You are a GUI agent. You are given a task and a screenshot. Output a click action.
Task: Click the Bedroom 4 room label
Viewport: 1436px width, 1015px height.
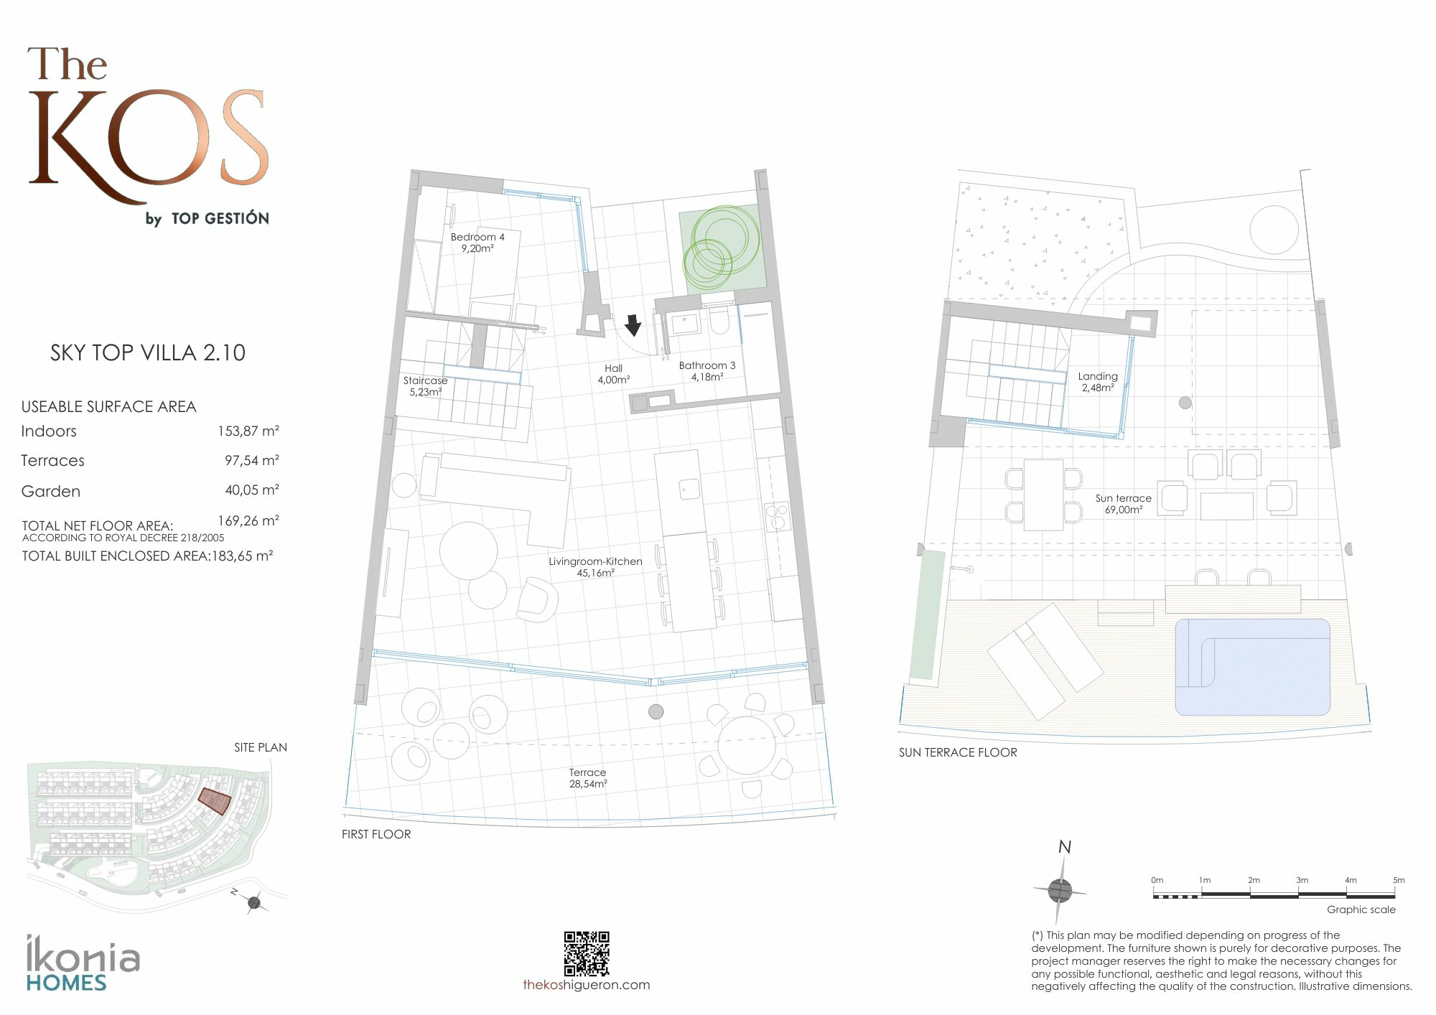click(477, 243)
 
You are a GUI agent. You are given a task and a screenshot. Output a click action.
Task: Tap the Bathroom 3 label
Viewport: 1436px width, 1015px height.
click(707, 371)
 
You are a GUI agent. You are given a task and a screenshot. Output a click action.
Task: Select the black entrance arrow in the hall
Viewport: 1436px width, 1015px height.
click(633, 325)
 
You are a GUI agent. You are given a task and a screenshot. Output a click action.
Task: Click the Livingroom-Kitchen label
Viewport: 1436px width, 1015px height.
click(595, 567)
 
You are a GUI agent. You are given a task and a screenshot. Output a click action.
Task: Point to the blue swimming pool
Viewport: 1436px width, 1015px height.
click(1252, 667)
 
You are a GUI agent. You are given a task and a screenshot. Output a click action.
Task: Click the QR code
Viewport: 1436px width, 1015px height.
click(587, 953)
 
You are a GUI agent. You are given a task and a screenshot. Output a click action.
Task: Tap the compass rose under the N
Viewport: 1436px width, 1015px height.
click(1060, 891)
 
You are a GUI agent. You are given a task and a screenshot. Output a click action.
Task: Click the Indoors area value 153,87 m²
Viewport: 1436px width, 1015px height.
click(248, 431)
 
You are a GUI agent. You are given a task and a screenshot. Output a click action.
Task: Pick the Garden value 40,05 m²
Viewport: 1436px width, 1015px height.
click(252, 490)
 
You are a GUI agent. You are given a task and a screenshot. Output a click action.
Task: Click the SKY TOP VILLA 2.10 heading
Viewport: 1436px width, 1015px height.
click(148, 352)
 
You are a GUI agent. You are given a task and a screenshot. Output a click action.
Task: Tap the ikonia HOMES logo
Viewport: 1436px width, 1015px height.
click(83, 963)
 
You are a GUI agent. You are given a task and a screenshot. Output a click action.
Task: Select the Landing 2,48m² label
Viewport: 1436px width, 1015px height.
click(1098, 382)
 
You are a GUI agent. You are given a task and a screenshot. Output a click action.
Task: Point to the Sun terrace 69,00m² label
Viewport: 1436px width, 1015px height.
click(1124, 504)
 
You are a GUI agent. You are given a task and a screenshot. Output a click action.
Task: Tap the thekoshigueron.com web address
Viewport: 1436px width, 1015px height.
click(587, 985)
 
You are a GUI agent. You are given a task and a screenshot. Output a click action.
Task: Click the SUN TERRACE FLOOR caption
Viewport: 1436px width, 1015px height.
click(958, 752)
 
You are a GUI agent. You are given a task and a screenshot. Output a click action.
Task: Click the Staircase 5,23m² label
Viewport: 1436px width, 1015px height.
click(425, 386)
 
